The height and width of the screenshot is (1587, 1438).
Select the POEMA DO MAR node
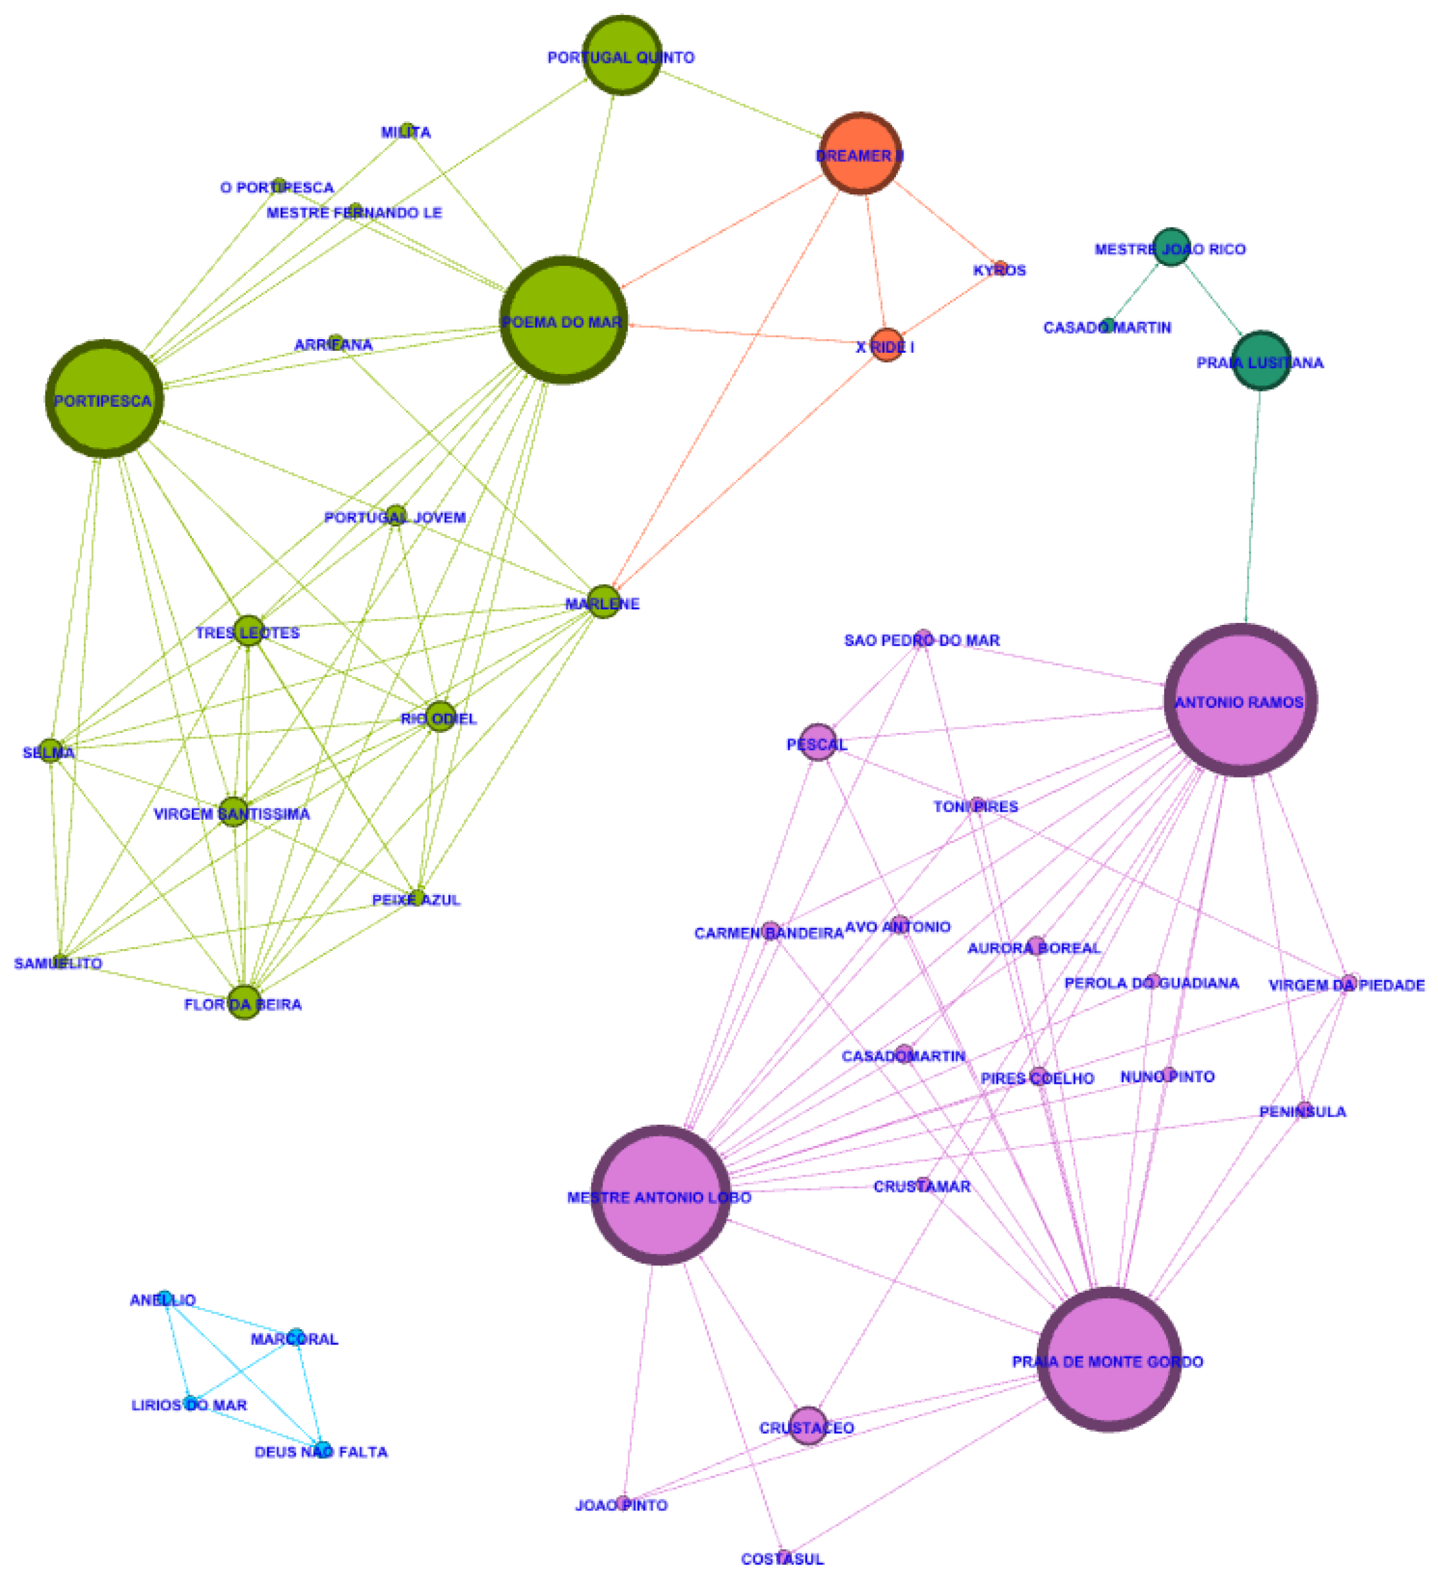tap(564, 320)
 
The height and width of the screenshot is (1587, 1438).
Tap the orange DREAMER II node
tap(859, 153)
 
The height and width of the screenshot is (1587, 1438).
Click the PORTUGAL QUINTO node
tap(622, 55)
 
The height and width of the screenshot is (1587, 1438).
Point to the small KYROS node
tap(1000, 268)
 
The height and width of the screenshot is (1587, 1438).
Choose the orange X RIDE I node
tap(887, 345)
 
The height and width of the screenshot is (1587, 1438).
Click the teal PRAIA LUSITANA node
tap(1261, 360)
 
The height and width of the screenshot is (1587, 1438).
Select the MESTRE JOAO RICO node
tap(1171, 247)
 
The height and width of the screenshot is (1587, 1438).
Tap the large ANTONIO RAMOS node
tap(1241, 700)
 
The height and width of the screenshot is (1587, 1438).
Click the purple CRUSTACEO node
tap(808, 1426)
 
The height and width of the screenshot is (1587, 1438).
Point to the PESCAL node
tap(818, 742)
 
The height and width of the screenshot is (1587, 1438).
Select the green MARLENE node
tap(604, 603)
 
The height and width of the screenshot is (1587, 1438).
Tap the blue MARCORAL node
tap(295, 1336)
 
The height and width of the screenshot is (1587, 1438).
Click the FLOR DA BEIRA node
tap(244, 1002)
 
